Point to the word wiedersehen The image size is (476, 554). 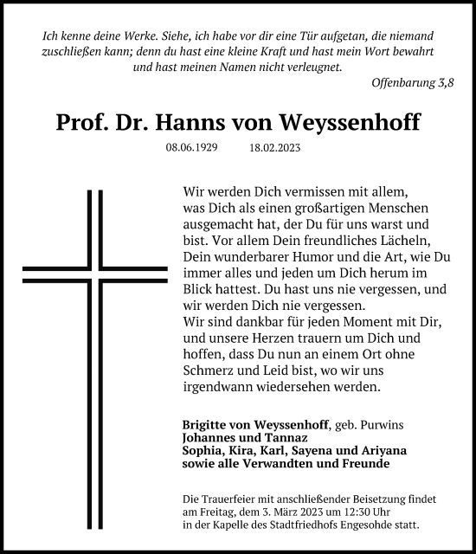[294, 386]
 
